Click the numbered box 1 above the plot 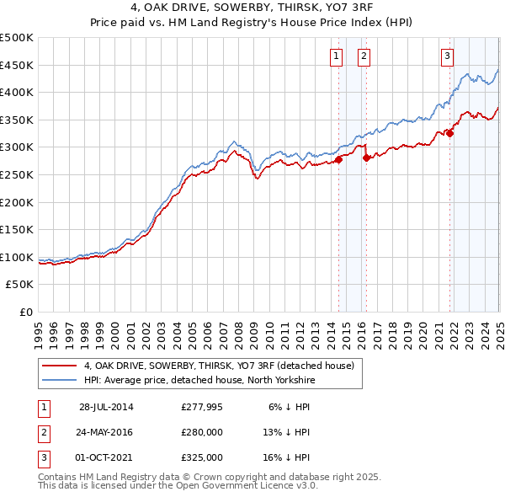336,56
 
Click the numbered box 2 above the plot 364,56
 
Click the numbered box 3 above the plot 446,56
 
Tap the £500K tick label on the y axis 17,38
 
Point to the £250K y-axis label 17,175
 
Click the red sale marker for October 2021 450,132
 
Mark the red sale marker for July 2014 338,158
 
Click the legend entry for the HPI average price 199,380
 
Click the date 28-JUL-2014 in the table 107,407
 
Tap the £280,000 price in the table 201,432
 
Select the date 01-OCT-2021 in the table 107,457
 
